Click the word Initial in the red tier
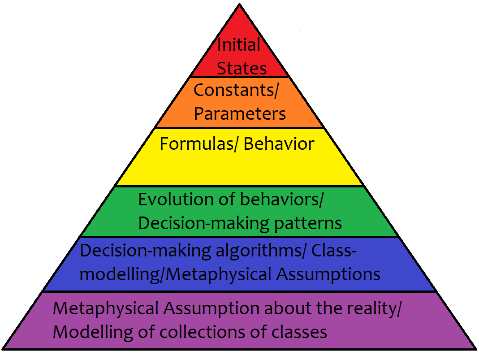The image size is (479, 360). point(239,45)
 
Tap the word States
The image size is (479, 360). point(242,69)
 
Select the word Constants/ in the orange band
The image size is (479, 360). point(236,91)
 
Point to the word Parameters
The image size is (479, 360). point(240,114)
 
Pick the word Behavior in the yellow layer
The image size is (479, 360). point(279,144)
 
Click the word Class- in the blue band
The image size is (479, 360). point(334,251)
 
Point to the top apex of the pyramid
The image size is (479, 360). point(239,4)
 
